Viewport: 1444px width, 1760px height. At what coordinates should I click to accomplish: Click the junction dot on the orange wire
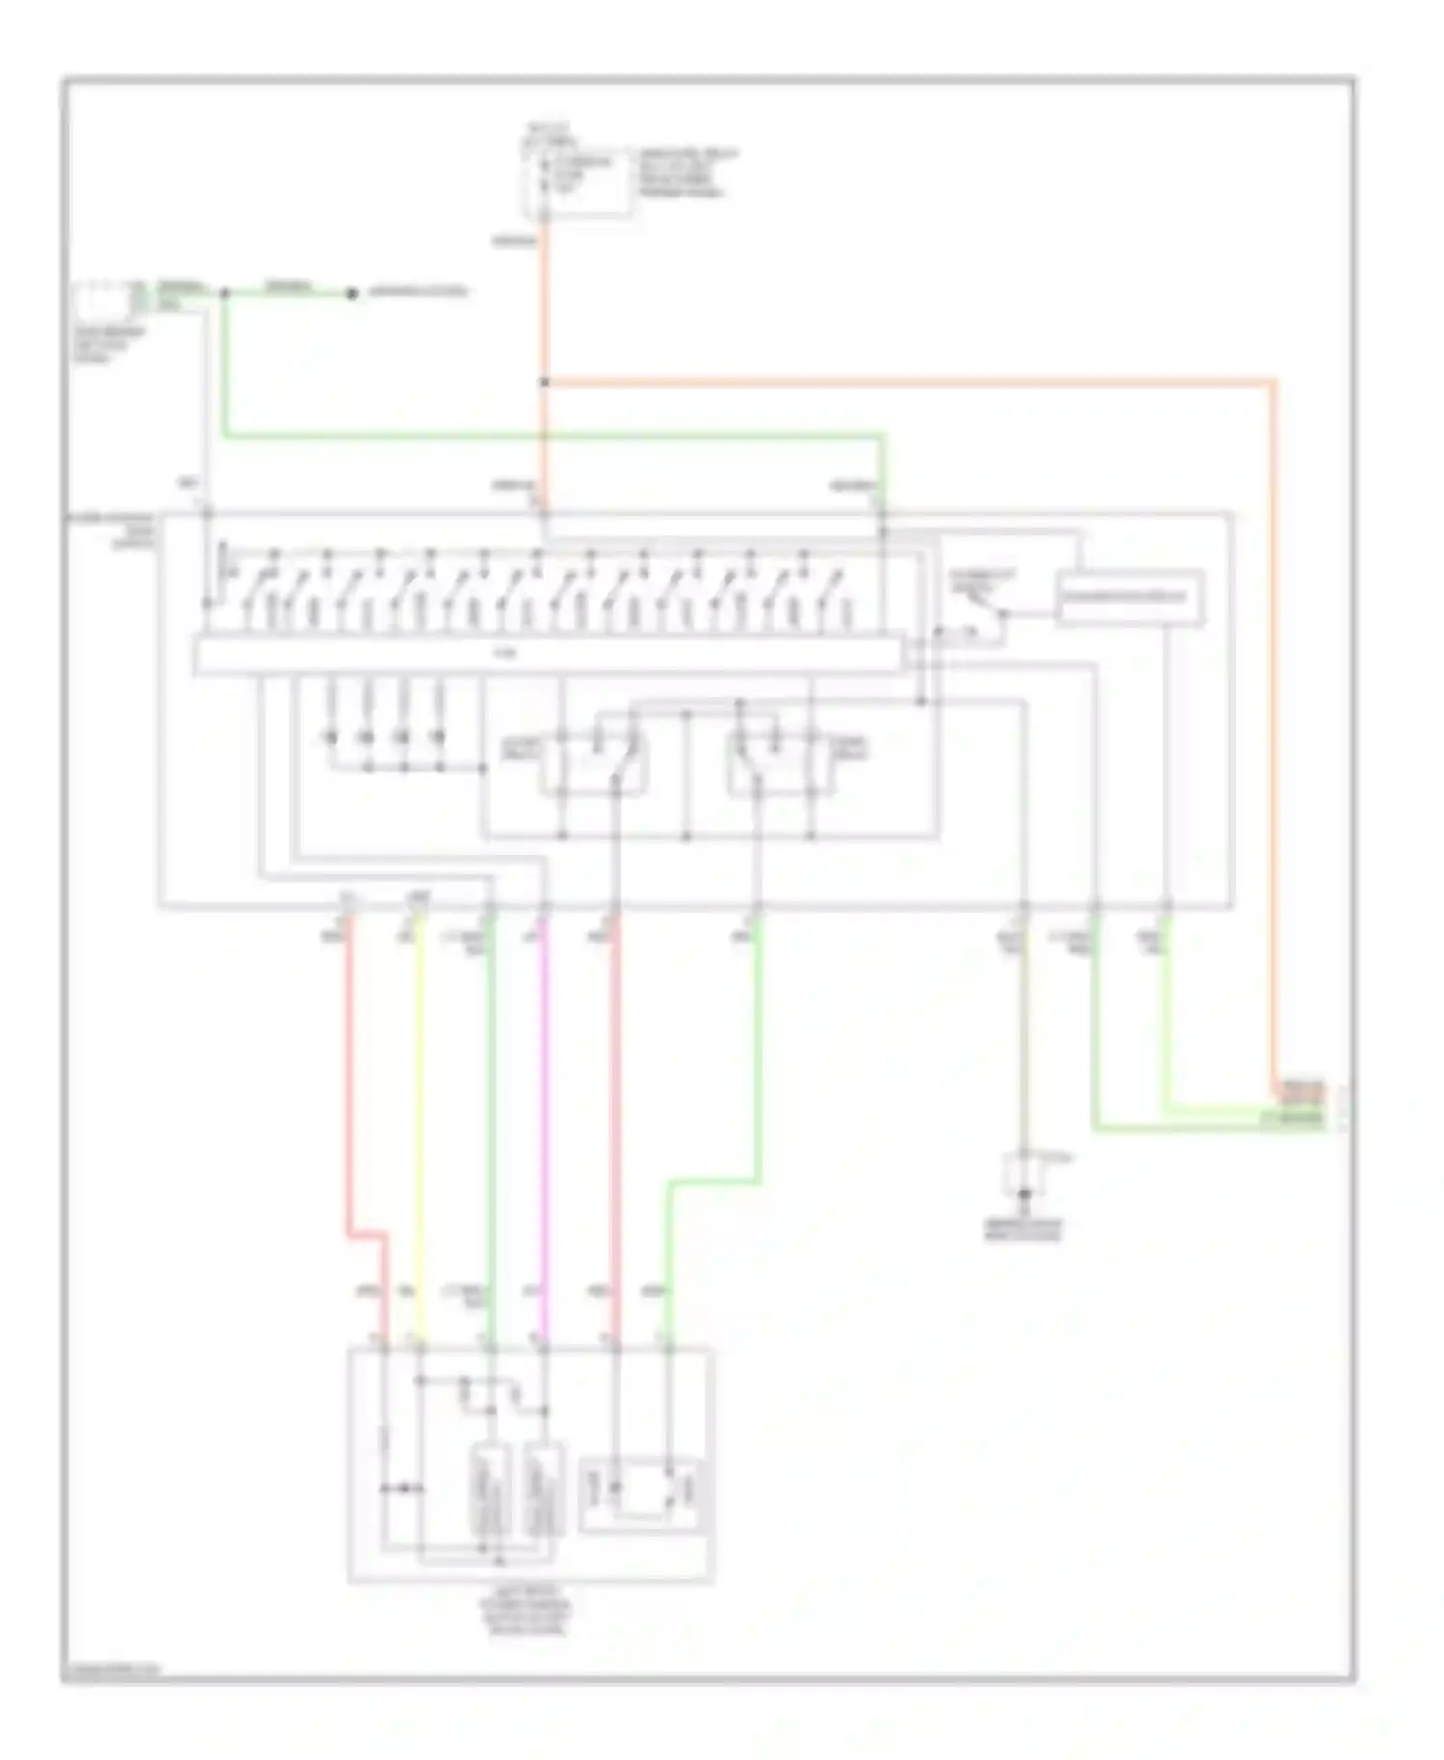pos(544,382)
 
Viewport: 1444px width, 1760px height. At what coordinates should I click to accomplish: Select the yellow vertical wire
pos(419,1107)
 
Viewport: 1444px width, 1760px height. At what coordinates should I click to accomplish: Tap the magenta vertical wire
pos(544,1107)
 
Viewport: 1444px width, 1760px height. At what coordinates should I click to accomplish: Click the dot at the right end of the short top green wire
pos(352,293)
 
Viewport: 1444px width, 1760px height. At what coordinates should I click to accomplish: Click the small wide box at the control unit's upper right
pos(1129,598)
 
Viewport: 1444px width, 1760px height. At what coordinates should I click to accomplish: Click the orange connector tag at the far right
pos(1300,1091)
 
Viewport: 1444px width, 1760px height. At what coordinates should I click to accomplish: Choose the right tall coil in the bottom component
pos(543,1490)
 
